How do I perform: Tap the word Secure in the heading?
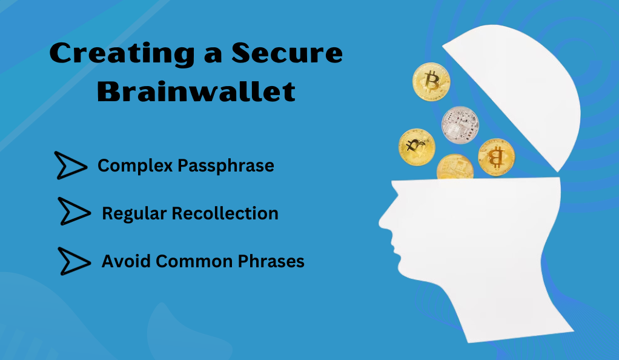[x=287, y=53]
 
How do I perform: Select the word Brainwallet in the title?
[x=196, y=91]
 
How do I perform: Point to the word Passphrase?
[x=226, y=165]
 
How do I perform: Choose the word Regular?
[x=134, y=214]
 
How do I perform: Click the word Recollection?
[x=225, y=213]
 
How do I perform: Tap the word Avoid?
[x=126, y=261]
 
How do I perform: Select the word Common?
[x=194, y=261]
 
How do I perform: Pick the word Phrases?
[x=271, y=261]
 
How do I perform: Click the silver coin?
[x=460, y=125]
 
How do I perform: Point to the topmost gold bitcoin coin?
[x=431, y=82]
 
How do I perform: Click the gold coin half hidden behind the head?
[x=455, y=167]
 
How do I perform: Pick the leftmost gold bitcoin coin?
[x=417, y=147]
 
